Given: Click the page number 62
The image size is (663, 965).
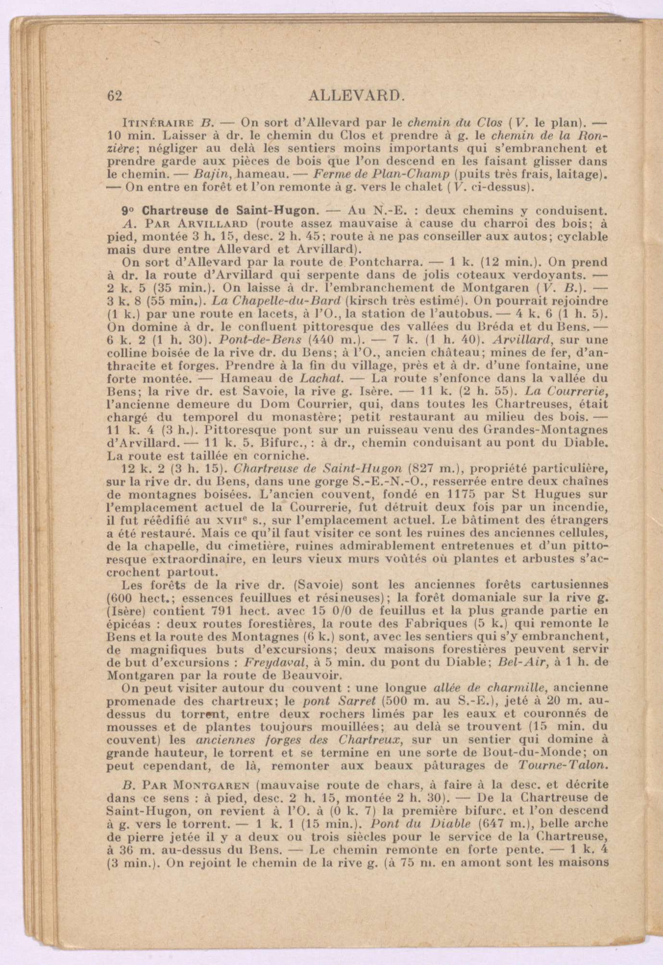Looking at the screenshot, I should tap(115, 95).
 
